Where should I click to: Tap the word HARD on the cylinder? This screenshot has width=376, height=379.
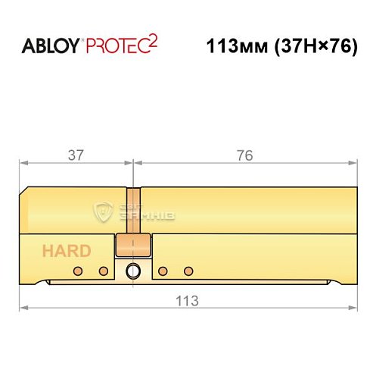pyautogui.click(x=67, y=252)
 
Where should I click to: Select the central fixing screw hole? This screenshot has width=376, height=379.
pyautogui.click(x=133, y=271)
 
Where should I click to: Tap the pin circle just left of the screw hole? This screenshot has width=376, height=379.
pyautogui.click(x=104, y=271)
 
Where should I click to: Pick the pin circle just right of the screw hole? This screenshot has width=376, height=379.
pyautogui.click(x=163, y=271)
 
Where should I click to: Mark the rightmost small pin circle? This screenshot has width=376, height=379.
pyautogui.click(x=189, y=271)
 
